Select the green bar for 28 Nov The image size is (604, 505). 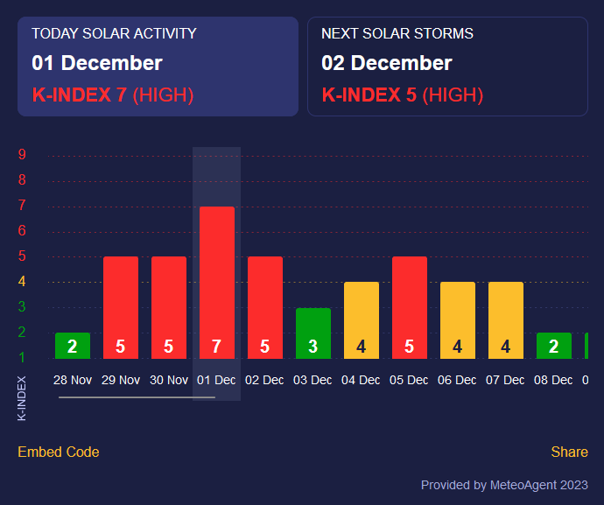click(x=73, y=346)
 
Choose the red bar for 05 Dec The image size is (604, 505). click(x=410, y=306)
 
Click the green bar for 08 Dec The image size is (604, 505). click(x=554, y=346)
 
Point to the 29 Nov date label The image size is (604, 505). click(x=121, y=381)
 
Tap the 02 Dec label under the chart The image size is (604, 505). click(x=265, y=381)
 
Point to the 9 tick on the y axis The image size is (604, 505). click(x=22, y=156)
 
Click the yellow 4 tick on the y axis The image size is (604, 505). click(x=22, y=282)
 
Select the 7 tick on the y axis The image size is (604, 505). click(x=22, y=206)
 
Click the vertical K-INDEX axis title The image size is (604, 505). click(x=22, y=398)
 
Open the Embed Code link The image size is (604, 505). click(x=59, y=452)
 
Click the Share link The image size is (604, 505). click(x=569, y=452)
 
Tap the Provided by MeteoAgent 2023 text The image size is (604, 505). click(x=504, y=485)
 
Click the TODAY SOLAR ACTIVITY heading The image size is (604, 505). click(x=114, y=33)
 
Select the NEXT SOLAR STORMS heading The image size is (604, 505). click(x=397, y=33)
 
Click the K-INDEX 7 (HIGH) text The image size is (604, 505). click(x=113, y=95)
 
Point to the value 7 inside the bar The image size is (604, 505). click(x=217, y=347)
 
